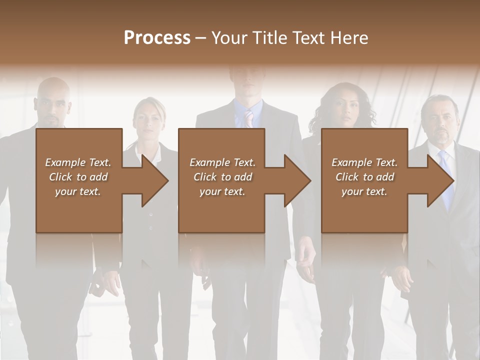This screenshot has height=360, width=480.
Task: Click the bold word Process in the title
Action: pos(157,37)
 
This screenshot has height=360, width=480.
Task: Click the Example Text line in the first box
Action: pos(78,162)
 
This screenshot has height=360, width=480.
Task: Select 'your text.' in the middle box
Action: pos(222,191)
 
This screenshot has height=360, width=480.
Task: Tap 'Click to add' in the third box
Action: pos(365,177)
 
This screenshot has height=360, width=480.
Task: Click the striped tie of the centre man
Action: pos(248,119)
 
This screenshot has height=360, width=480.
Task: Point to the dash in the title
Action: pos(200,37)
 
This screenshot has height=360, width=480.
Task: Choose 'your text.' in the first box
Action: pos(78,191)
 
